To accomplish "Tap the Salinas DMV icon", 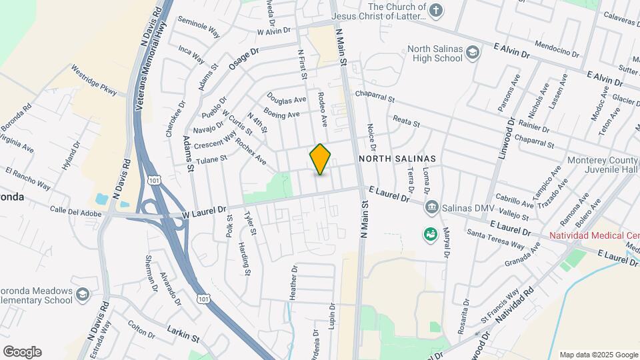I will pyautogui.click(x=431, y=207).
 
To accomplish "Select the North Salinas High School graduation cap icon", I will pyautogui.click(x=473, y=53).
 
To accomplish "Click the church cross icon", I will pyautogui.click(x=435, y=11).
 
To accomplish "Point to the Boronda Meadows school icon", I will pyautogui.click(x=82, y=294).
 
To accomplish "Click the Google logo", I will pyautogui.click(x=22, y=351).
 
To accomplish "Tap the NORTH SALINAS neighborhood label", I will pyautogui.click(x=397, y=159).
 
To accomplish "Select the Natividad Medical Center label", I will pyautogui.click(x=594, y=236).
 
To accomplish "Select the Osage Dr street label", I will pyautogui.click(x=243, y=58).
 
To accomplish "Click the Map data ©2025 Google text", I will pyautogui.click(x=598, y=354).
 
